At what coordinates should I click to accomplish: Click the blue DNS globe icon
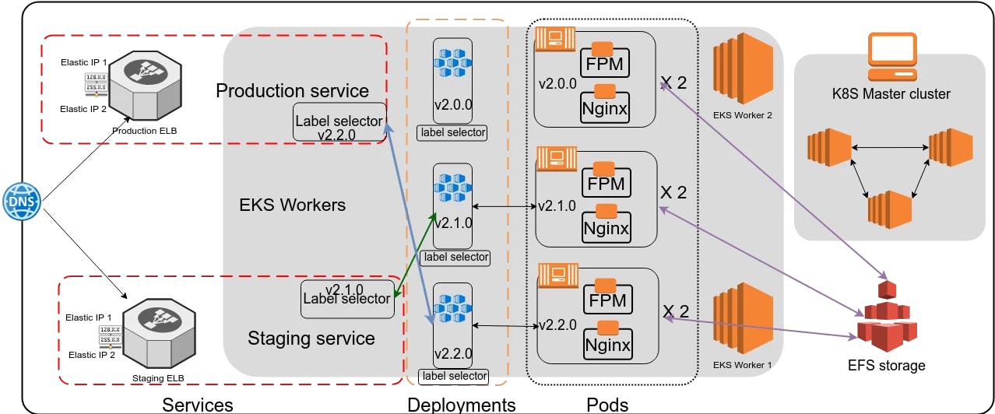21,201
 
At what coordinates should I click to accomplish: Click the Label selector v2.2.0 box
339,122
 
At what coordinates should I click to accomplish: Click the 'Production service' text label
292,90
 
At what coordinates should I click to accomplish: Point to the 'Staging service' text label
311,339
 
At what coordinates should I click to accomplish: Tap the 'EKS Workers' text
293,205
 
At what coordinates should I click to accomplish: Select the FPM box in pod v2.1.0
606,184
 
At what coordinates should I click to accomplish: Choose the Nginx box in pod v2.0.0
605,108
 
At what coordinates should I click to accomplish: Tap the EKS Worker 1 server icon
742,320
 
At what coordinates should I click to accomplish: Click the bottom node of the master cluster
889,209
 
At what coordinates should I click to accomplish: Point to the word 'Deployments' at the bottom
461,405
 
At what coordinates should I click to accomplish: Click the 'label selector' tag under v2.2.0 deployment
454,377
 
